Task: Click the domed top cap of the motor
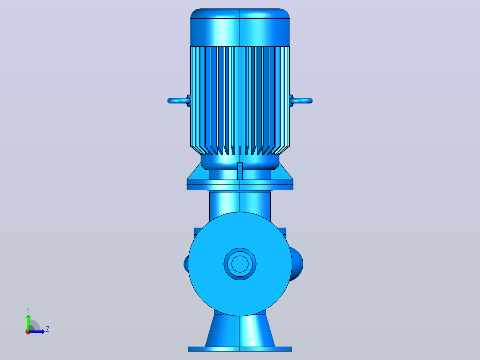[x=240, y=27]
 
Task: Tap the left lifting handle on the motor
[x=179, y=101]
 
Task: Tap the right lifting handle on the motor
[x=301, y=101]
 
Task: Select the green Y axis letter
[x=28, y=310]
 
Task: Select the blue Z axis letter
[x=48, y=329]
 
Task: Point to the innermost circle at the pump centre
[x=240, y=264]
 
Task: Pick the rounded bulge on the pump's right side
[x=297, y=264]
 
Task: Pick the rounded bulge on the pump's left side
[x=186, y=264]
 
